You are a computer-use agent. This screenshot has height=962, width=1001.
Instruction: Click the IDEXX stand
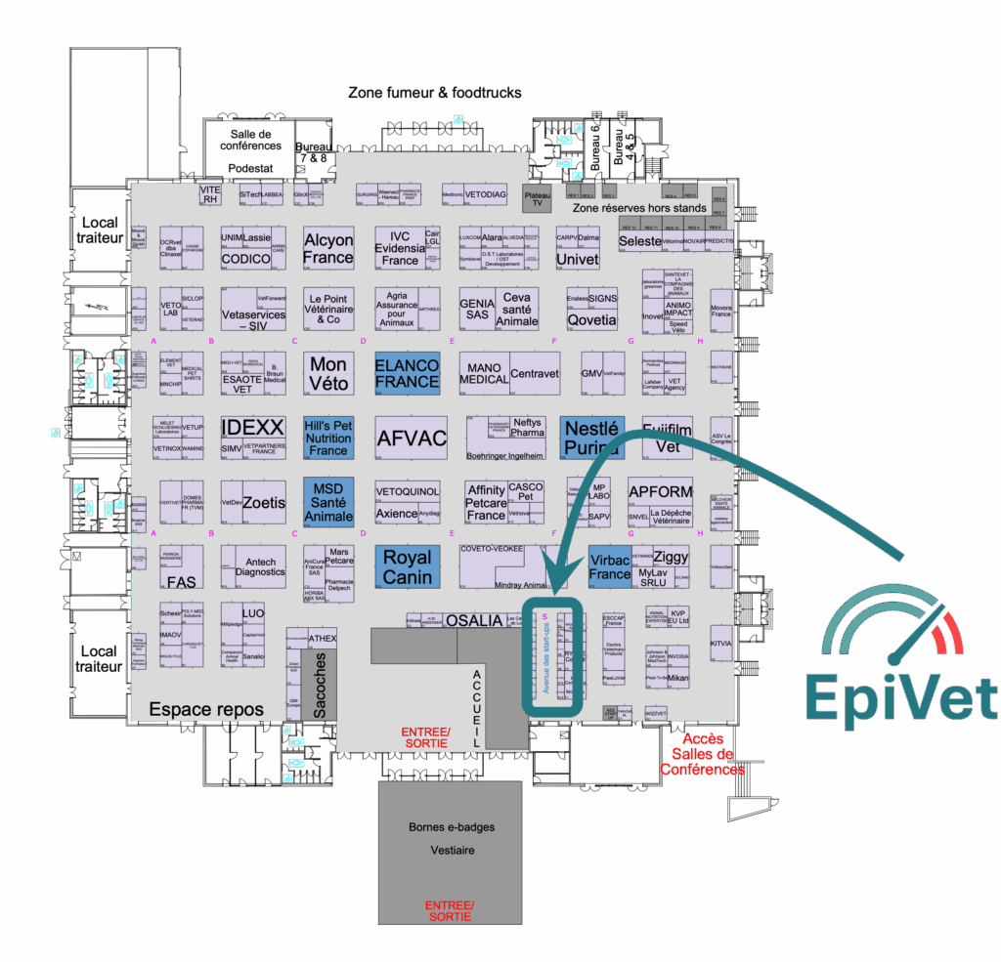(x=252, y=428)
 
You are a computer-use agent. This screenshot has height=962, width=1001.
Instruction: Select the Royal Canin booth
(x=407, y=566)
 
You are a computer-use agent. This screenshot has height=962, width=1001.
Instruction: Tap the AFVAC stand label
(x=411, y=438)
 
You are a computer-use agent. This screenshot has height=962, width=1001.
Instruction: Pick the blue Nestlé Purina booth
(x=591, y=438)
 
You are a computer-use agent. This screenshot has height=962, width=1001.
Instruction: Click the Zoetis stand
(x=264, y=503)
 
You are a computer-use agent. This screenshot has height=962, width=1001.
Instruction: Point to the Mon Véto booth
(x=328, y=373)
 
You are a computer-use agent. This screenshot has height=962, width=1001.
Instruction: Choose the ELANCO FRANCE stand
(x=407, y=373)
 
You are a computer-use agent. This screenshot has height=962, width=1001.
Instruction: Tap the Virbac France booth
(x=610, y=567)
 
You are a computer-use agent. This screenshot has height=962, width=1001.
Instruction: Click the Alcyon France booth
(x=327, y=249)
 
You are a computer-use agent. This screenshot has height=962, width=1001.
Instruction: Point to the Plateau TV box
(x=538, y=199)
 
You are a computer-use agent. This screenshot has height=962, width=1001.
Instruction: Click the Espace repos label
(x=206, y=709)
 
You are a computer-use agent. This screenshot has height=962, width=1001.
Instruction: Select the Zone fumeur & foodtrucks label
(x=435, y=93)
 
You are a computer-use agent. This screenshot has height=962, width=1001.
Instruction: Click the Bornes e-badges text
(x=452, y=827)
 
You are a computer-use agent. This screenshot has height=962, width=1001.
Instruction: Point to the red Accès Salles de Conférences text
(x=703, y=754)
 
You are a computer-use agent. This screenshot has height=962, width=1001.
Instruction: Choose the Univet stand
(x=577, y=260)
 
